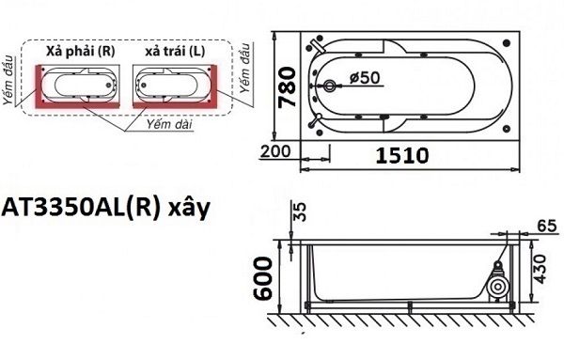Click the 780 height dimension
click(x=288, y=86)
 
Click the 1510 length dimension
click(x=402, y=156)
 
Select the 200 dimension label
click(x=275, y=151)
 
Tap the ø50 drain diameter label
click(x=365, y=77)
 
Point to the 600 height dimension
click(x=262, y=278)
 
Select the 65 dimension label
click(x=547, y=227)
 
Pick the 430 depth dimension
click(x=540, y=269)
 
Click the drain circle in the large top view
click(x=329, y=86)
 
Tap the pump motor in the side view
click(x=498, y=285)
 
